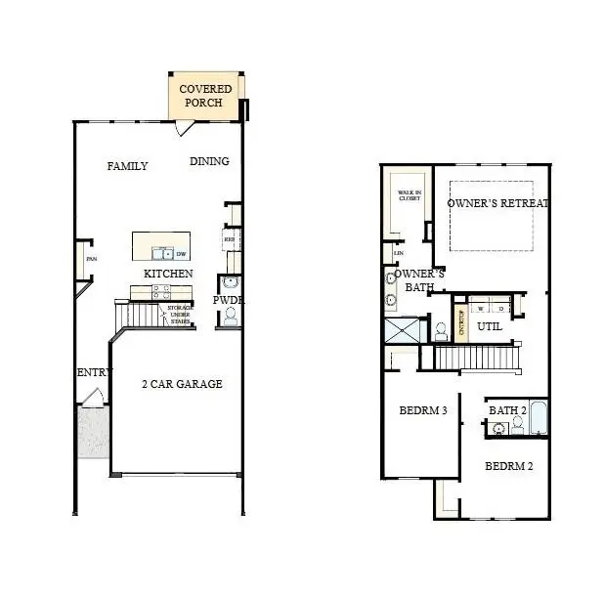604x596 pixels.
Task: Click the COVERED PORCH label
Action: click(x=205, y=96)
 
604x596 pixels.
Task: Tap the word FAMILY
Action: click(x=127, y=166)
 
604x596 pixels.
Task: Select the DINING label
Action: click(x=209, y=162)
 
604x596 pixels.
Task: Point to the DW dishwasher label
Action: click(x=181, y=254)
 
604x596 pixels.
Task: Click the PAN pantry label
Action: click(x=91, y=260)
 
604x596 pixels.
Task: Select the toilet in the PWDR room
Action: click(x=231, y=316)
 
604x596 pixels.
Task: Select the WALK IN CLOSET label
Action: click(x=409, y=196)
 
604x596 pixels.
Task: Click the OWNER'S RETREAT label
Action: click(x=498, y=203)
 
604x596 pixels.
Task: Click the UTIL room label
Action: click(x=489, y=326)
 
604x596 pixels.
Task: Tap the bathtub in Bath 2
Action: click(x=539, y=419)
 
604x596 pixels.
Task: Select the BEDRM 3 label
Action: click(x=422, y=410)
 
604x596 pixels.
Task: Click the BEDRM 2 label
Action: click(x=508, y=466)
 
